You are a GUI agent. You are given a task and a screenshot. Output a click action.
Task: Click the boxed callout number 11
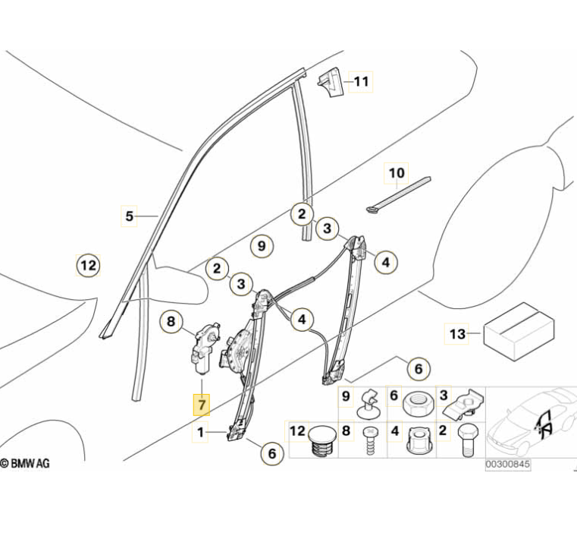(x=361, y=80)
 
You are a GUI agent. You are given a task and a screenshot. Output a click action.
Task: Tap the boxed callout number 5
(x=130, y=216)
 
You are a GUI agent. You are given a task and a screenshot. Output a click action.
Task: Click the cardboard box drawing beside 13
(x=516, y=326)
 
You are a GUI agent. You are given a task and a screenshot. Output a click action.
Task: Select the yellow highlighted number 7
(x=201, y=405)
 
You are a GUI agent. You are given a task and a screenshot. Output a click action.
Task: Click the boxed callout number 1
(x=201, y=434)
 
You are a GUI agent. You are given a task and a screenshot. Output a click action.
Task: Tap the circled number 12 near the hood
(x=89, y=266)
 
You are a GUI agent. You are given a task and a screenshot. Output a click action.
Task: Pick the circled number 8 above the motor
(x=171, y=322)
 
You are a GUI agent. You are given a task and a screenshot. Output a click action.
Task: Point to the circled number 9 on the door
(x=260, y=246)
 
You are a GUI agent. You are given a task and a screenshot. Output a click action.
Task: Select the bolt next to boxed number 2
(x=466, y=441)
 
